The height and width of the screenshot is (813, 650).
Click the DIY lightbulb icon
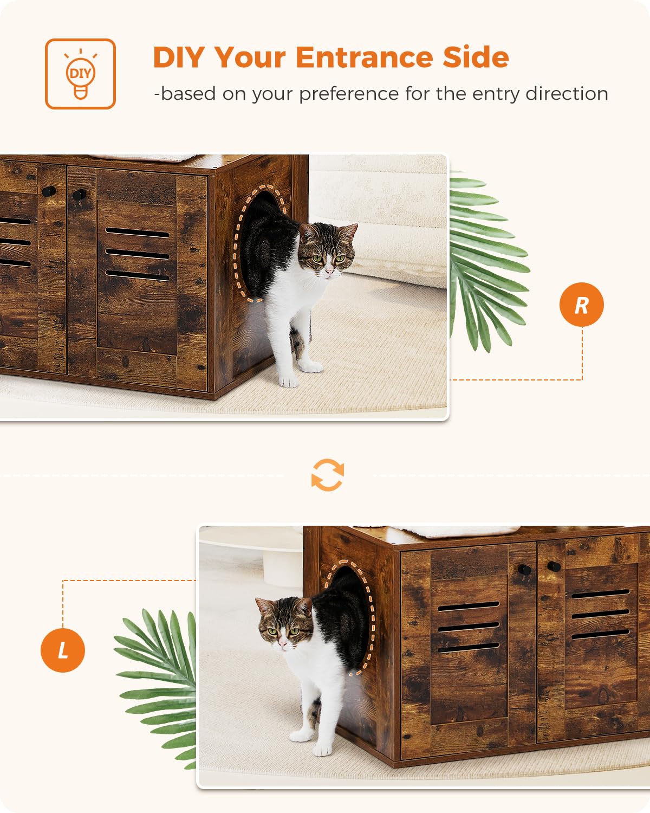pos(80,74)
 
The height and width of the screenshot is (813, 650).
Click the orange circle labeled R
pos(581,305)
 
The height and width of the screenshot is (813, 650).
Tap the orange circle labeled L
pos(63,650)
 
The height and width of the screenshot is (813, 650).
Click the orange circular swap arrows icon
pos(328,475)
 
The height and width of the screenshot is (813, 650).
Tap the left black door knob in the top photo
pos(49,191)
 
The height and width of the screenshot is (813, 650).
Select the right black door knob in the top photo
pos(80,194)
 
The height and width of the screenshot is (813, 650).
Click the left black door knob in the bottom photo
pos(524,570)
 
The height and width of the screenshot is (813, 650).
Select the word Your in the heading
pos(250,57)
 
